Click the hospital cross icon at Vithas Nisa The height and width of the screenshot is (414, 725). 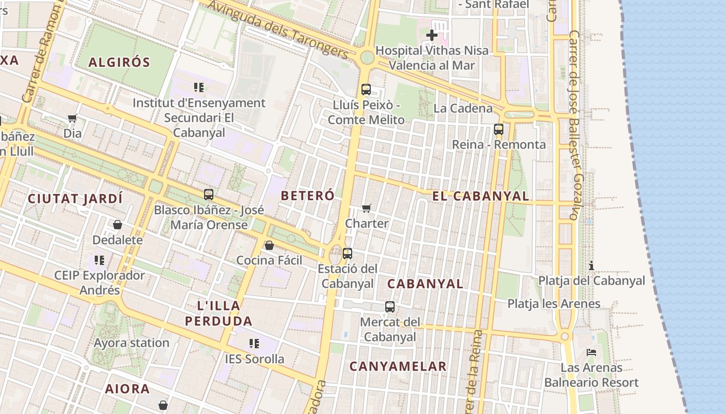coord(431,35)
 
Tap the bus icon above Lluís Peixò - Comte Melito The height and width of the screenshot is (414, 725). coord(366,89)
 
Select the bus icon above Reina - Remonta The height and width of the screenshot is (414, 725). coord(499,129)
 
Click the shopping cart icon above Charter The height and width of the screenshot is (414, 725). coord(367,208)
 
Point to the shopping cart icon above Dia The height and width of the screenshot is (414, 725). coord(72,118)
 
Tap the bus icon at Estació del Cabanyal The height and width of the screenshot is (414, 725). coord(347,254)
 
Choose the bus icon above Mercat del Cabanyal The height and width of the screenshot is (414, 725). coord(390,307)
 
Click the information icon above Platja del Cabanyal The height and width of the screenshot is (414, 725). coord(591,266)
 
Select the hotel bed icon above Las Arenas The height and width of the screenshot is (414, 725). coord(591,352)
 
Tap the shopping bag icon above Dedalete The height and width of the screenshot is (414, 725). coord(118,225)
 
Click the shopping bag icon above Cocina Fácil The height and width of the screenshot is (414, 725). coord(269,245)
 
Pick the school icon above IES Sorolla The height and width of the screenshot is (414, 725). coord(254,344)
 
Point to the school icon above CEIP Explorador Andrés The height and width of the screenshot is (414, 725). coord(99,260)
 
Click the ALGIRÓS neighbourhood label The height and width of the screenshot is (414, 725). coord(119,63)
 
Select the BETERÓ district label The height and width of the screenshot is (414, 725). coord(308,196)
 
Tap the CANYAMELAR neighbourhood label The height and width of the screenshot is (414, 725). coord(398,366)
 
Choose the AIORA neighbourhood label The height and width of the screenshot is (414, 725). coord(127,389)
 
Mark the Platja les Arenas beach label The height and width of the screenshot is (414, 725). coord(554,304)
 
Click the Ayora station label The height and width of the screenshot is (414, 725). coord(132,343)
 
